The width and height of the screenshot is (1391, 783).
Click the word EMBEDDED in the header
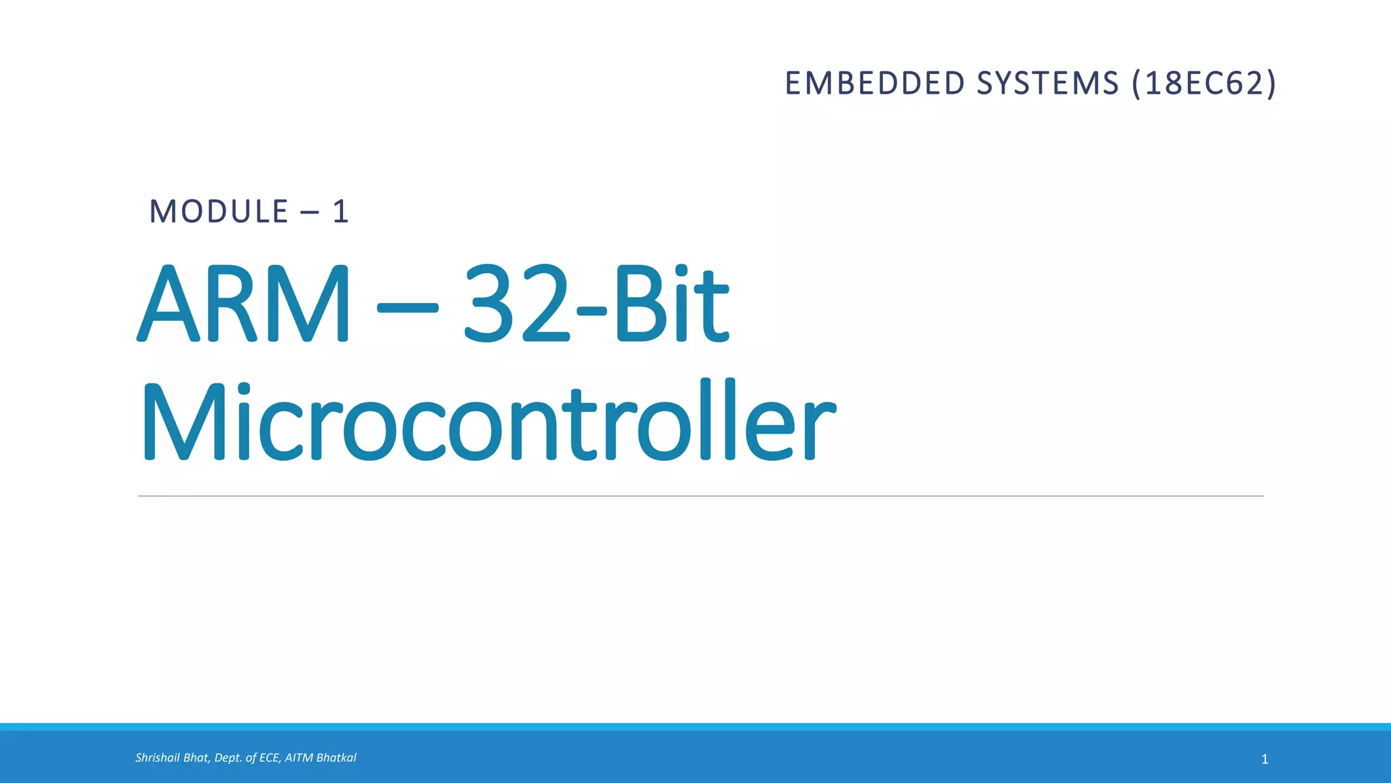click(x=875, y=84)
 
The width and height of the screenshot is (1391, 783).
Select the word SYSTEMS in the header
click(x=1047, y=84)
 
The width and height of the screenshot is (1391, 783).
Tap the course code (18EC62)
click(x=1204, y=84)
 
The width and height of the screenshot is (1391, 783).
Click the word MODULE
click(x=219, y=211)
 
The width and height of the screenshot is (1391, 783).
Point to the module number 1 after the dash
click(x=340, y=212)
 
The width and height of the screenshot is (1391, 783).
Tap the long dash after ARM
click(x=407, y=307)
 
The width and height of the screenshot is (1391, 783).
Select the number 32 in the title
click(x=516, y=304)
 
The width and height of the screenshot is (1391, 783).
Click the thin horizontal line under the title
click(x=700, y=496)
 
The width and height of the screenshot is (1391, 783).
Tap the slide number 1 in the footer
click(x=1264, y=759)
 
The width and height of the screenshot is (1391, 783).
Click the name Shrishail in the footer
click(x=158, y=758)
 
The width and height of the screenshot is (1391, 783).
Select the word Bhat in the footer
click(x=196, y=758)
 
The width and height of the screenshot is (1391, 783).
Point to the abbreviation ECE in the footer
click(x=270, y=758)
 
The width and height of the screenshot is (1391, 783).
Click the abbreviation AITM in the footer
click(x=299, y=758)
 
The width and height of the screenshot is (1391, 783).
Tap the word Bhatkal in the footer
click(x=336, y=758)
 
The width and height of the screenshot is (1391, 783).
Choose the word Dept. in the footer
click(x=228, y=758)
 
